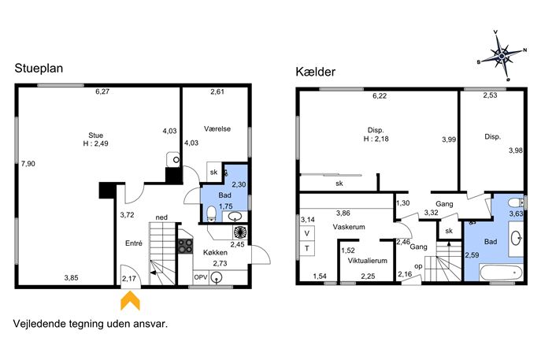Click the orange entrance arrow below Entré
tap(130, 302)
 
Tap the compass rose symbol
tap(502, 55)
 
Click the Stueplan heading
tap(39, 69)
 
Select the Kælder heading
tap(315, 72)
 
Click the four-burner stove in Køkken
tap(185, 246)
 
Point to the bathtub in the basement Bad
tap(501, 273)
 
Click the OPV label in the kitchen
tap(201, 277)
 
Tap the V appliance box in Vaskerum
tap(307, 233)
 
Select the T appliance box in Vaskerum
tap(307, 248)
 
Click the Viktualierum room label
tap(367, 261)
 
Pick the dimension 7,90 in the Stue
tap(28, 164)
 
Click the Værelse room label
tap(217, 128)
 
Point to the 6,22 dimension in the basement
tap(380, 96)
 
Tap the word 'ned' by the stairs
tap(161, 217)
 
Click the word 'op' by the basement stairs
tap(418, 266)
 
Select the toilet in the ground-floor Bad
tap(211, 213)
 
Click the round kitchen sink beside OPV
tap(217, 276)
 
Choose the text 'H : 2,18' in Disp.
tap(376, 139)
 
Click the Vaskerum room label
tap(349, 227)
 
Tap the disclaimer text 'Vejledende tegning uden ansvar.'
tap(91, 324)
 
